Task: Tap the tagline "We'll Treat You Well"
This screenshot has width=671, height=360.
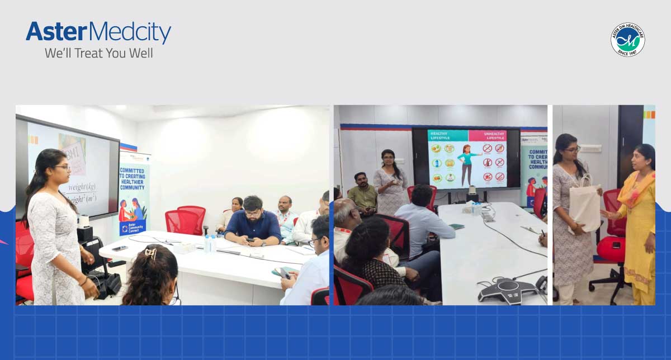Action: point(98,54)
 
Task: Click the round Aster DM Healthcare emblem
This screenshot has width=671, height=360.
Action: point(627,40)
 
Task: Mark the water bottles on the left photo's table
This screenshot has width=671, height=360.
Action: point(210,243)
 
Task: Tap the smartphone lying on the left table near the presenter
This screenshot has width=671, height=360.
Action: point(119,248)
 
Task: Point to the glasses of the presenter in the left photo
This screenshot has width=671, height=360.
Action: point(62,167)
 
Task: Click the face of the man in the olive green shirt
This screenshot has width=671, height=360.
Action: point(360,180)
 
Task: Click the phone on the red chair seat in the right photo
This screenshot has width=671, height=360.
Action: point(615,245)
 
